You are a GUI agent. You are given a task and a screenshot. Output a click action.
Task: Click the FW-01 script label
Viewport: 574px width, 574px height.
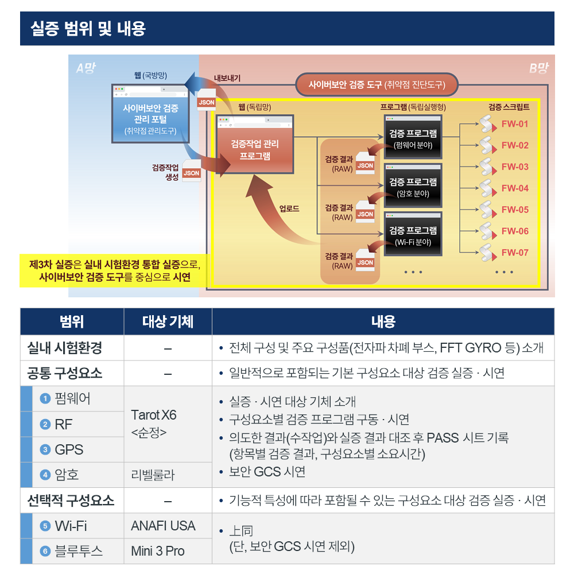tap(514, 124)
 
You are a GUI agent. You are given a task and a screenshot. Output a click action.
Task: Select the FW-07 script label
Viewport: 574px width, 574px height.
tap(514, 253)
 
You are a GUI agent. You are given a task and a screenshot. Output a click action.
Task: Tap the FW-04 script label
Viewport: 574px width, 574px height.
tap(514, 188)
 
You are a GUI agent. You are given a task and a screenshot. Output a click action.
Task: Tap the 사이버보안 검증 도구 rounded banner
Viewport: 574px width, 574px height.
tap(377, 85)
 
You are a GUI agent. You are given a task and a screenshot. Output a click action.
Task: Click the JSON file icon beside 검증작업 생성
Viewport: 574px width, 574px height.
tap(191, 172)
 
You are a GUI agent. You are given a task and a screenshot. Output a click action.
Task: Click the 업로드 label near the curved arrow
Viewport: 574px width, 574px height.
tap(289, 208)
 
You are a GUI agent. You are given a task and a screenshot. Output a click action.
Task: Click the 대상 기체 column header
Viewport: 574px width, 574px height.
tap(168, 321)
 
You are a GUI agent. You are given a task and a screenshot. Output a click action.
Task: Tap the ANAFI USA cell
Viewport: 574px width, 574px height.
tap(163, 526)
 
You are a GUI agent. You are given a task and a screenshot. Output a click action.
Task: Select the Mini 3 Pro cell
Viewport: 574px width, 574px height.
tap(158, 552)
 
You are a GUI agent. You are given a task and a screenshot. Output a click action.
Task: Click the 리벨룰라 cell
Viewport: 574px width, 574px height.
tap(153, 475)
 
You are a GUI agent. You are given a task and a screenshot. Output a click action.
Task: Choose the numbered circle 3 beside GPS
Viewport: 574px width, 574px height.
tap(45, 449)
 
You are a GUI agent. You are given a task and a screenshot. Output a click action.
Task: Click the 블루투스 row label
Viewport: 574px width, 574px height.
tap(79, 552)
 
